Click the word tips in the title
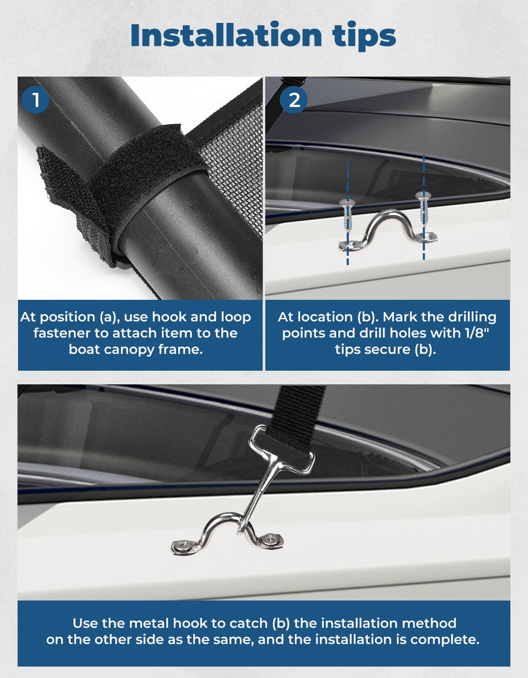(364, 36)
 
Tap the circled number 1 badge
(35, 100)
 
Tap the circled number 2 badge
(294, 100)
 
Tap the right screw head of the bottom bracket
(269, 540)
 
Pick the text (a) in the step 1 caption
(110, 317)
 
